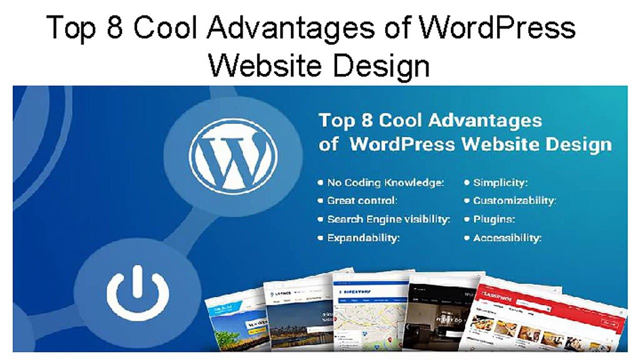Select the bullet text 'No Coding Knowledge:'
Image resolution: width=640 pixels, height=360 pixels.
coord(385,183)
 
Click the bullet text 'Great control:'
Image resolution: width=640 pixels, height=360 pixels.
coord(362,201)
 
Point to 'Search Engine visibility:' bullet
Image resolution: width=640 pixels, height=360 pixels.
coord(388,219)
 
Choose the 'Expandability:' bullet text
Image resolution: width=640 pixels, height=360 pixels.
coord(363,238)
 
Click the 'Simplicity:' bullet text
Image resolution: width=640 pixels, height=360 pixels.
coord(500,183)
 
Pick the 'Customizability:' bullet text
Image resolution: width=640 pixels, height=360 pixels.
coord(514,201)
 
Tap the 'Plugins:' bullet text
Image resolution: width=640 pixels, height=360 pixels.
coord(494,219)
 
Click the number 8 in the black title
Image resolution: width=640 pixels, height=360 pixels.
coord(114,28)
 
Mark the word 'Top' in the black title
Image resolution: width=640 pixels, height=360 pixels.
coord(70,28)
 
